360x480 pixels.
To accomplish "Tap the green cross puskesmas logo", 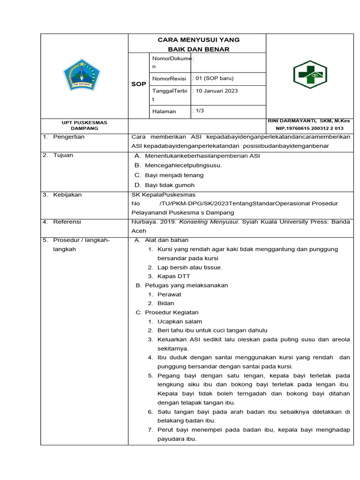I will pyautogui.click(x=310, y=75).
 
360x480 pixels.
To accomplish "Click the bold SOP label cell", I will pyautogui.click(x=138, y=84).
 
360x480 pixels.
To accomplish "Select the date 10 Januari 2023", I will pyautogui.click(x=216, y=91).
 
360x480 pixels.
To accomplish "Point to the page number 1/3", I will pyautogui.click(x=199, y=111).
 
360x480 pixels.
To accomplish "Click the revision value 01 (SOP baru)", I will pyautogui.click(x=214, y=78).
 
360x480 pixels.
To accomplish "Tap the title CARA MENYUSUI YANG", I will pyautogui.click(x=197, y=40).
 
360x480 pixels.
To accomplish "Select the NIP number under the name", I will pyautogui.click(x=309, y=128).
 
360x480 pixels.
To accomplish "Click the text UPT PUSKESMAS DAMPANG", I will pyautogui.click(x=85, y=125).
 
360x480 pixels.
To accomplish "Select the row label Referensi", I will pyautogui.click(x=67, y=222).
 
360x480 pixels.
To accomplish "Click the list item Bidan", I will pyautogui.click(x=165, y=303).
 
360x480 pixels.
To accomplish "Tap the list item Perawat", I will pyautogui.click(x=169, y=294).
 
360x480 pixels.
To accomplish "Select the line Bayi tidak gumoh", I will pyautogui.click(x=170, y=185).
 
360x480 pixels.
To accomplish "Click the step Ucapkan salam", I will pyautogui.click(x=180, y=322).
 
